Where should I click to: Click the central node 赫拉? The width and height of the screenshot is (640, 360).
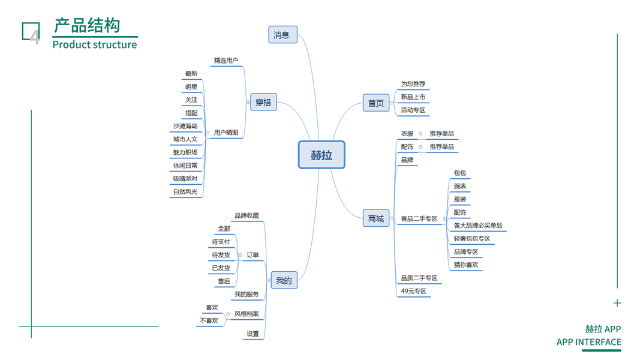click(x=321, y=155)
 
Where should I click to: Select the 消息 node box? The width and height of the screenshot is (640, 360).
click(x=283, y=35)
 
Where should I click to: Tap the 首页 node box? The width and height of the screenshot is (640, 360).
click(x=376, y=103)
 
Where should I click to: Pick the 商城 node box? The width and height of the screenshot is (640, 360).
click(x=376, y=218)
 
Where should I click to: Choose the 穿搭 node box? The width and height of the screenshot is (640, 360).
click(x=263, y=103)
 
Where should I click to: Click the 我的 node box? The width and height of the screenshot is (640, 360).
click(x=284, y=280)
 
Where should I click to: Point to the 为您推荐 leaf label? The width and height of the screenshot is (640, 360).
click(x=413, y=84)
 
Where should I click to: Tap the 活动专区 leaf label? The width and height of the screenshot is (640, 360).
click(x=413, y=110)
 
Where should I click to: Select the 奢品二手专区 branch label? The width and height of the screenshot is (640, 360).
click(x=419, y=219)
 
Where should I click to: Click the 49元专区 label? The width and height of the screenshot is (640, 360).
click(x=413, y=292)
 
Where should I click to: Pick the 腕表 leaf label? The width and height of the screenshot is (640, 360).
click(x=460, y=187)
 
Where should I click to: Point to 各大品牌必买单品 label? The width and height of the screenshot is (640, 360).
click(x=478, y=226)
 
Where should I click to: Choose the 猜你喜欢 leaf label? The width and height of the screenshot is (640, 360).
click(x=466, y=265)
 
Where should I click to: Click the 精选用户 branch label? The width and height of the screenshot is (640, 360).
click(x=226, y=61)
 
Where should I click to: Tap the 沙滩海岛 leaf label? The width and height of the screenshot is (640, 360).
click(x=185, y=126)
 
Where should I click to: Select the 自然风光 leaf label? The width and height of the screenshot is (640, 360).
click(x=185, y=192)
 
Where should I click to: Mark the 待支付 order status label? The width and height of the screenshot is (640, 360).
click(x=221, y=242)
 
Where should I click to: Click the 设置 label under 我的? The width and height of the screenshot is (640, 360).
click(x=253, y=334)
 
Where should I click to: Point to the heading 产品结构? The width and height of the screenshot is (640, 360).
click(x=87, y=26)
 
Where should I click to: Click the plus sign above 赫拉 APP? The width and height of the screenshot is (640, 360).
click(x=617, y=303)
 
